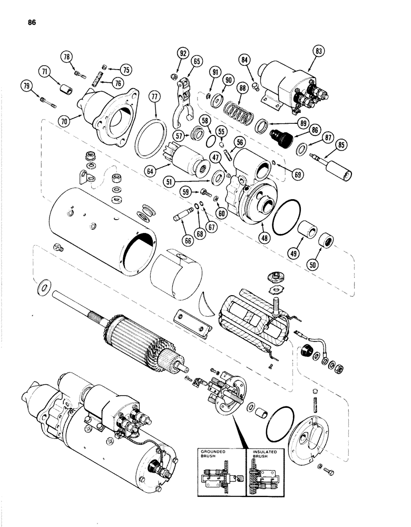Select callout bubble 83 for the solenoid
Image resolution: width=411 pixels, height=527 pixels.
pyautogui.click(x=319, y=52)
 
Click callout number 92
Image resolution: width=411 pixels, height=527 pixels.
pyautogui.click(x=183, y=53)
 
